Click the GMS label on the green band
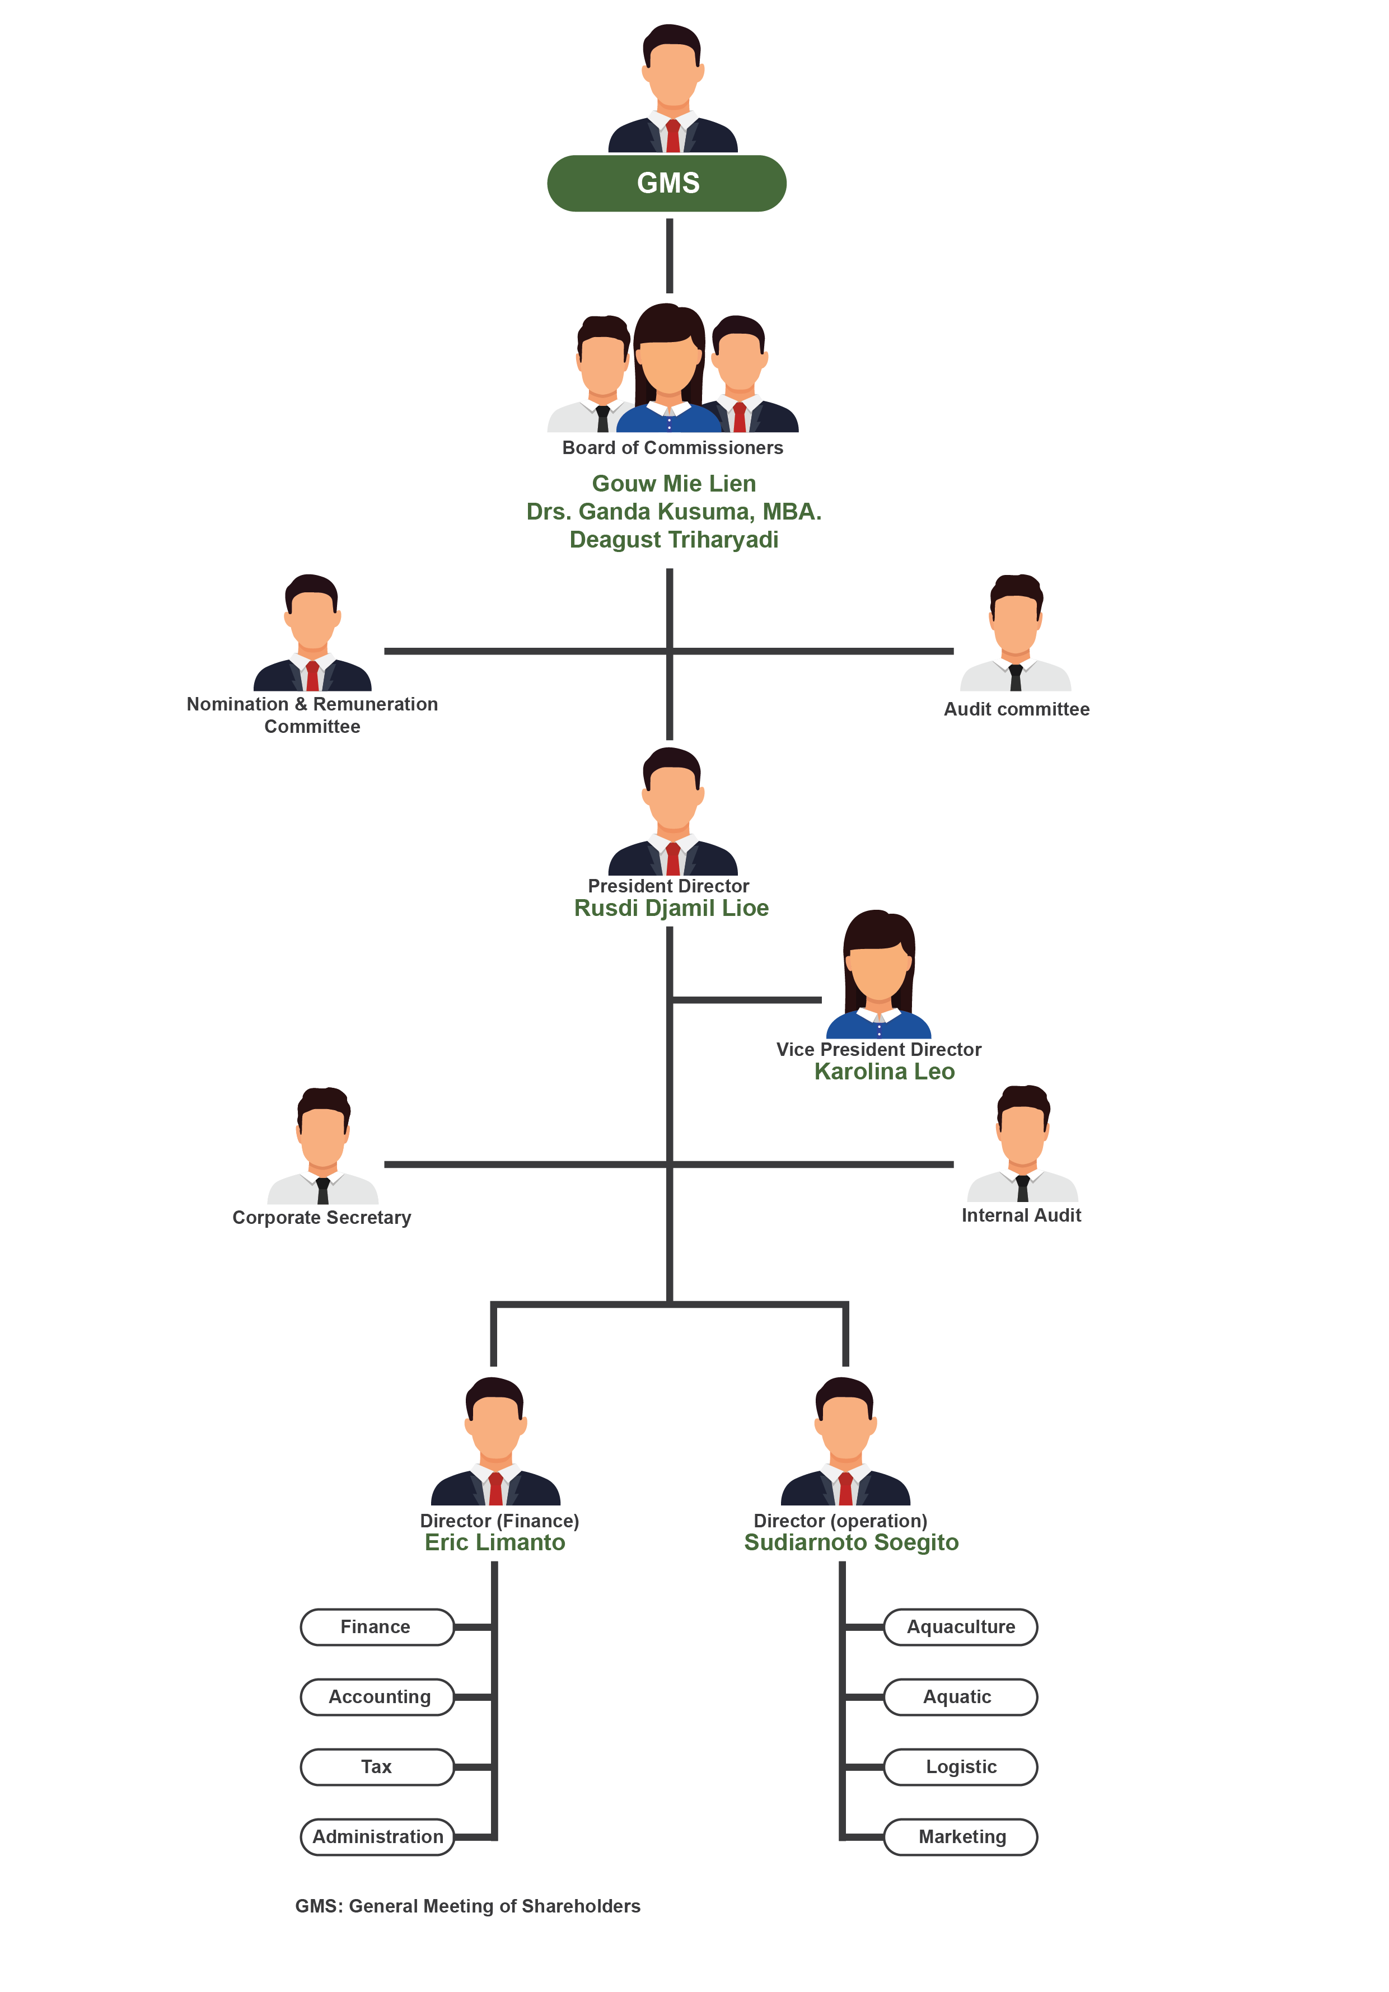tap(668, 183)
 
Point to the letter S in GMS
tap(691, 183)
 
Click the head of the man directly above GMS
tap(672, 74)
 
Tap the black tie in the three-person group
tap(603, 418)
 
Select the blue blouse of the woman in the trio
tap(668, 420)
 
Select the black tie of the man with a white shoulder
tap(322, 1190)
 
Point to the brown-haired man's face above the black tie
tap(322, 1137)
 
